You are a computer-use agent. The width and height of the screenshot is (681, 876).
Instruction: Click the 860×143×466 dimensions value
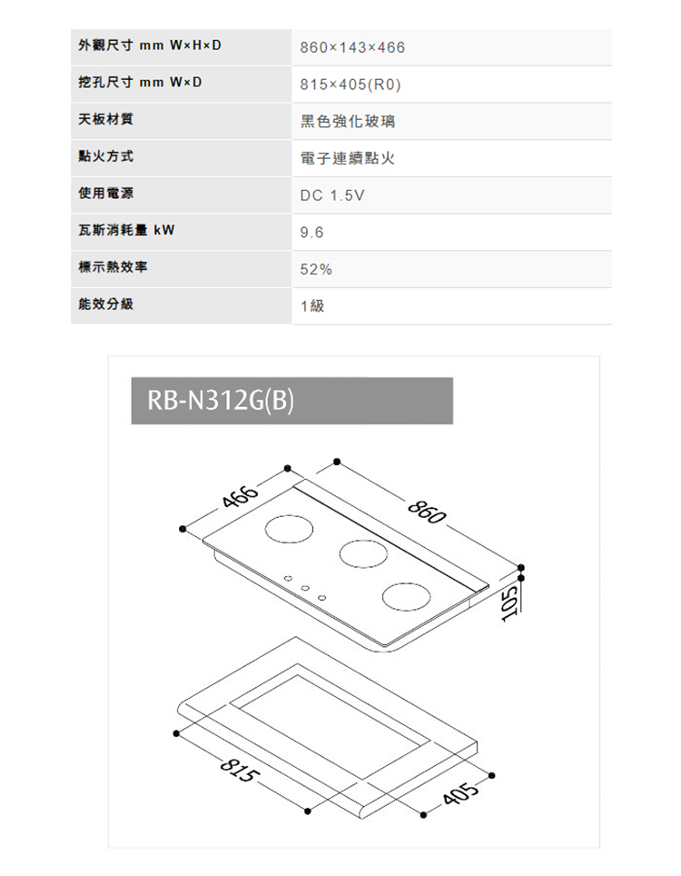tap(352, 47)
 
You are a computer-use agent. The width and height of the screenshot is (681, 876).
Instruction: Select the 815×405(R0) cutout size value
tap(350, 85)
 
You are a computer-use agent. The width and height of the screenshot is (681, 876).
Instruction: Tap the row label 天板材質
tap(106, 119)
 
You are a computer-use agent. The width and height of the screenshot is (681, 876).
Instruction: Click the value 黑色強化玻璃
tap(348, 121)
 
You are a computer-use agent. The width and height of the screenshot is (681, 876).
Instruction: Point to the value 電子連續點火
tap(348, 158)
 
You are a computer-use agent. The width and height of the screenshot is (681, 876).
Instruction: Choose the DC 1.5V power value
tap(332, 195)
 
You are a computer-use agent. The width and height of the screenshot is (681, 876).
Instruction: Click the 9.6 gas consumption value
tap(311, 233)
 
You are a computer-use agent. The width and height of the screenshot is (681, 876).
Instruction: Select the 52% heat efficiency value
tap(316, 269)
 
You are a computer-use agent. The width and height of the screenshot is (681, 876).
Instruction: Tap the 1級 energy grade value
tap(312, 306)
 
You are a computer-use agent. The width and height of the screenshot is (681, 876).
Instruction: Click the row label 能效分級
tap(106, 304)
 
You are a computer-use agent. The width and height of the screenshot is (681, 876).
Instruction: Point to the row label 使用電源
tap(106, 194)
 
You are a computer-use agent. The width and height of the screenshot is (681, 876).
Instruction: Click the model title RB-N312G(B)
tap(221, 401)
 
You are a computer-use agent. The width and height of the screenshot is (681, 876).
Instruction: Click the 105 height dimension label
tap(508, 602)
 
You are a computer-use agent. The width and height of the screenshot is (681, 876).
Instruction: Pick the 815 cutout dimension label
tap(240, 770)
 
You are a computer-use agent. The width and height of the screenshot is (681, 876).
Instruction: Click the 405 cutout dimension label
tap(460, 792)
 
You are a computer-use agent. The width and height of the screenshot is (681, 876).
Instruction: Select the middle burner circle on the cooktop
tap(363, 553)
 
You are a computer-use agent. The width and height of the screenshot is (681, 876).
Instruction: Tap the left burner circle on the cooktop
tap(289, 529)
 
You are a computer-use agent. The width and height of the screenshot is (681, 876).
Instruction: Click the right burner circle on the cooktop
tap(407, 596)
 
